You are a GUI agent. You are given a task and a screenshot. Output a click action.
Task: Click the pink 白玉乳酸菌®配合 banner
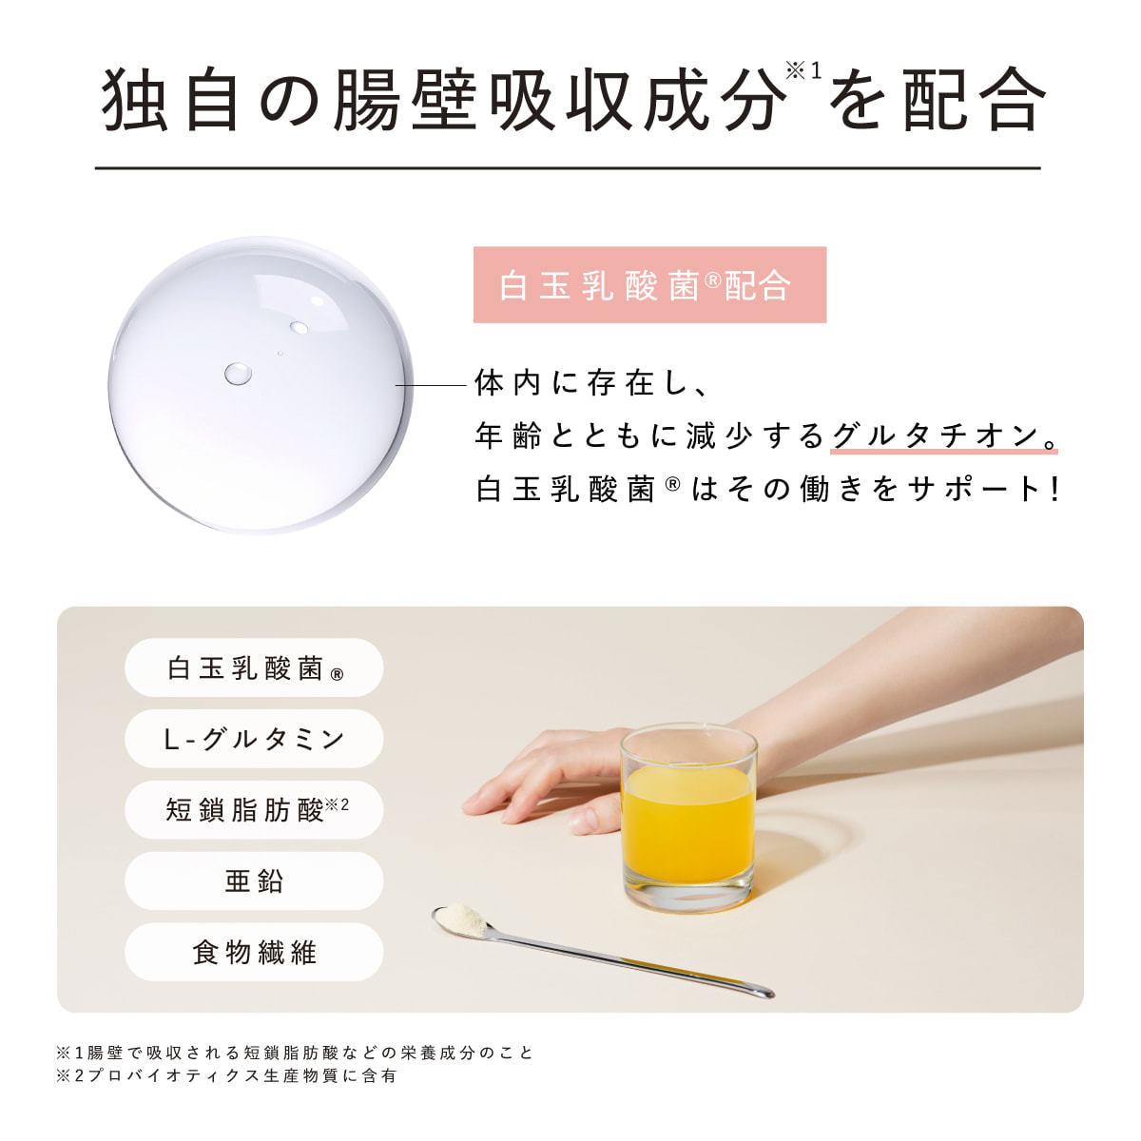tap(649, 285)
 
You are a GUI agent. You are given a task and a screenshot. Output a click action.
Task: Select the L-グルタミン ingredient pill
tap(254, 739)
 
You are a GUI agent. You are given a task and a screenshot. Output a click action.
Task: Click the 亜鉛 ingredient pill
tap(254, 881)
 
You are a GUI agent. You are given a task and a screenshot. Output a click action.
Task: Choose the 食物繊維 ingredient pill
tap(254, 952)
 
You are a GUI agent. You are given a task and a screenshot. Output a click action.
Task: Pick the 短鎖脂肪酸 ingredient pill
tap(254, 810)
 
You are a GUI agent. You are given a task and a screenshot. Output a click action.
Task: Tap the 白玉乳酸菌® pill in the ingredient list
tap(254, 667)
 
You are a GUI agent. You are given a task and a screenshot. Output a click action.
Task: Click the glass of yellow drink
tap(688, 817)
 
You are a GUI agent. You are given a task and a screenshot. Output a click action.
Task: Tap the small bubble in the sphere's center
tap(238, 374)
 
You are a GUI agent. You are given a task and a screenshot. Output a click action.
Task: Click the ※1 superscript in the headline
tap(803, 71)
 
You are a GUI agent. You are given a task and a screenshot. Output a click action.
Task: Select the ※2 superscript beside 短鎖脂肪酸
tap(338, 804)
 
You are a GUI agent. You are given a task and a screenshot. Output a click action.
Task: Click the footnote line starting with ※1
tap(294, 1053)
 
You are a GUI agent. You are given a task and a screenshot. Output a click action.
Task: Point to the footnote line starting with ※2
tap(226, 1075)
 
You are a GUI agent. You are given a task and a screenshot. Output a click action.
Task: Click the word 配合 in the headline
tap(974, 98)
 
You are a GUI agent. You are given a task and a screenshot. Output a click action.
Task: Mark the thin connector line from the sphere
tap(432, 385)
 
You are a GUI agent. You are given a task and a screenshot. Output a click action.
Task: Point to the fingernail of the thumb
tap(585, 819)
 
